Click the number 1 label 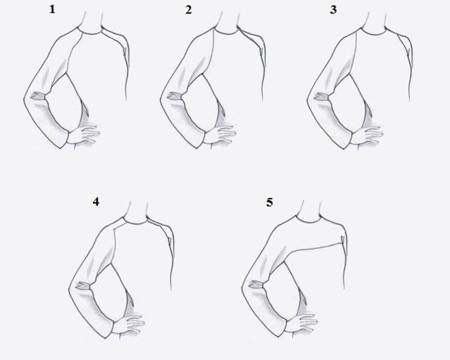click(52, 10)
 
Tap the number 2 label click(188, 10)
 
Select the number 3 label click(333, 10)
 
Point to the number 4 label click(96, 201)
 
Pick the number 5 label click(270, 203)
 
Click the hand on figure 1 click(84, 134)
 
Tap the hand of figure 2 click(220, 134)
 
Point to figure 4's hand click(129, 324)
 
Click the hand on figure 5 click(302, 322)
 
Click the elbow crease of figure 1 click(38, 96)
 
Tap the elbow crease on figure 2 click(175, 96)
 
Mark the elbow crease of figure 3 click(321, 96)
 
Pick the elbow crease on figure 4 click(83, 286)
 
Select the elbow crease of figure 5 click(256, 285)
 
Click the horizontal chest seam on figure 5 click(314, 247)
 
